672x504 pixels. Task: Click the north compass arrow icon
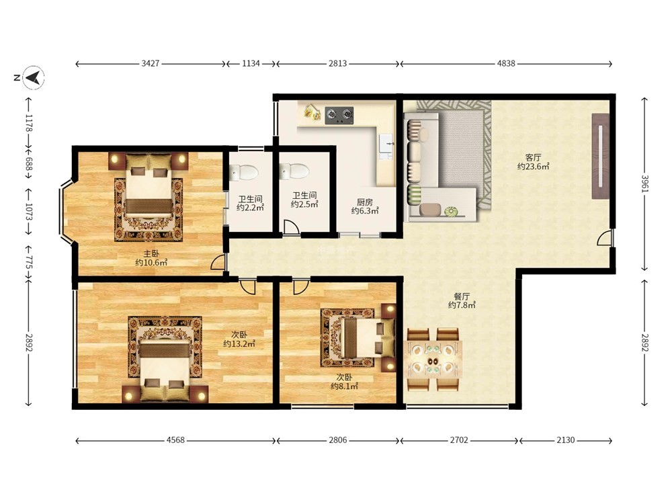click(x=34, y=77)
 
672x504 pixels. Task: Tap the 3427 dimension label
click(x=151, y=63)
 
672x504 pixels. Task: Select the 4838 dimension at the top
click(x=506, y=63)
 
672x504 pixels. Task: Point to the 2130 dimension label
click(x=566, y=440)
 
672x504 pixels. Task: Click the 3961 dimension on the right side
click(x=644, y=183)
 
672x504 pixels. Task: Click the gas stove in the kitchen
click(x=339, y=116)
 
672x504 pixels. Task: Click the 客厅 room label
click(x=533, y=157)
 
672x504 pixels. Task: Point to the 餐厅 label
click(x=462, y=296)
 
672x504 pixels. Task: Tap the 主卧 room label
click(x=151, y=254)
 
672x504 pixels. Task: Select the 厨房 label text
click(x=365, y=202)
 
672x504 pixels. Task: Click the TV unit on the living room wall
click(x=600, y=156)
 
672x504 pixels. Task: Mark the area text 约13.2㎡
click(x=239, y=343)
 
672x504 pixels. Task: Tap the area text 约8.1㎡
click(x=344, y=386)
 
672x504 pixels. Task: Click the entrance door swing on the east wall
click(x=605, y=237)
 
